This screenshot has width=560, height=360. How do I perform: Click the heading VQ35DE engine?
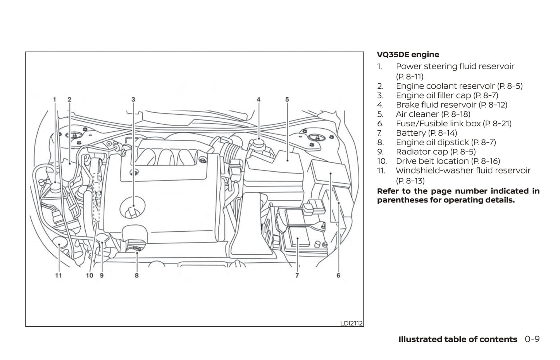click(x=408, y=55)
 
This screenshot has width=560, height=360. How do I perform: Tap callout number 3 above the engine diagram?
click(x=133, y=100)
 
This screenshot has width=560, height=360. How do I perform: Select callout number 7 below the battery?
click(x=297, y=276)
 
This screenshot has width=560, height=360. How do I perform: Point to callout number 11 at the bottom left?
click(x=58, y=276)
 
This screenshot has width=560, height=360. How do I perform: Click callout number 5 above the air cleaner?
click(x=287, y=100)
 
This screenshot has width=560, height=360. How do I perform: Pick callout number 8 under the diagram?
click(x=137, y=276)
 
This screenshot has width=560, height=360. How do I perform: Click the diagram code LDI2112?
click(x=352, y=323)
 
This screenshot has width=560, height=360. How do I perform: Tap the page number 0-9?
click(x=532, y=339)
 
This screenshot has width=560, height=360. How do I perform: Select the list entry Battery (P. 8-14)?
click(x=426, y=133)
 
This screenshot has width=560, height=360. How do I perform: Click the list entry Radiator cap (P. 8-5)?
click(x=436, y=152)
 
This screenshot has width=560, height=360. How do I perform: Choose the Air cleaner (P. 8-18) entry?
click(x=433, y=114)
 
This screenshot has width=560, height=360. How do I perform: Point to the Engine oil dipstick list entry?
click(x=446, y=143)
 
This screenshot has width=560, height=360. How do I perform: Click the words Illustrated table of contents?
click(x=458, y=339)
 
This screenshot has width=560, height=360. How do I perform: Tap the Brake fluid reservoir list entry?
click(x=451, y=105)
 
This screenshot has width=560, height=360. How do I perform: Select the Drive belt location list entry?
click(x=448, y=161)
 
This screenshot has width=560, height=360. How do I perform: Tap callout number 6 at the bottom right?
click(x=338, y=276)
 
